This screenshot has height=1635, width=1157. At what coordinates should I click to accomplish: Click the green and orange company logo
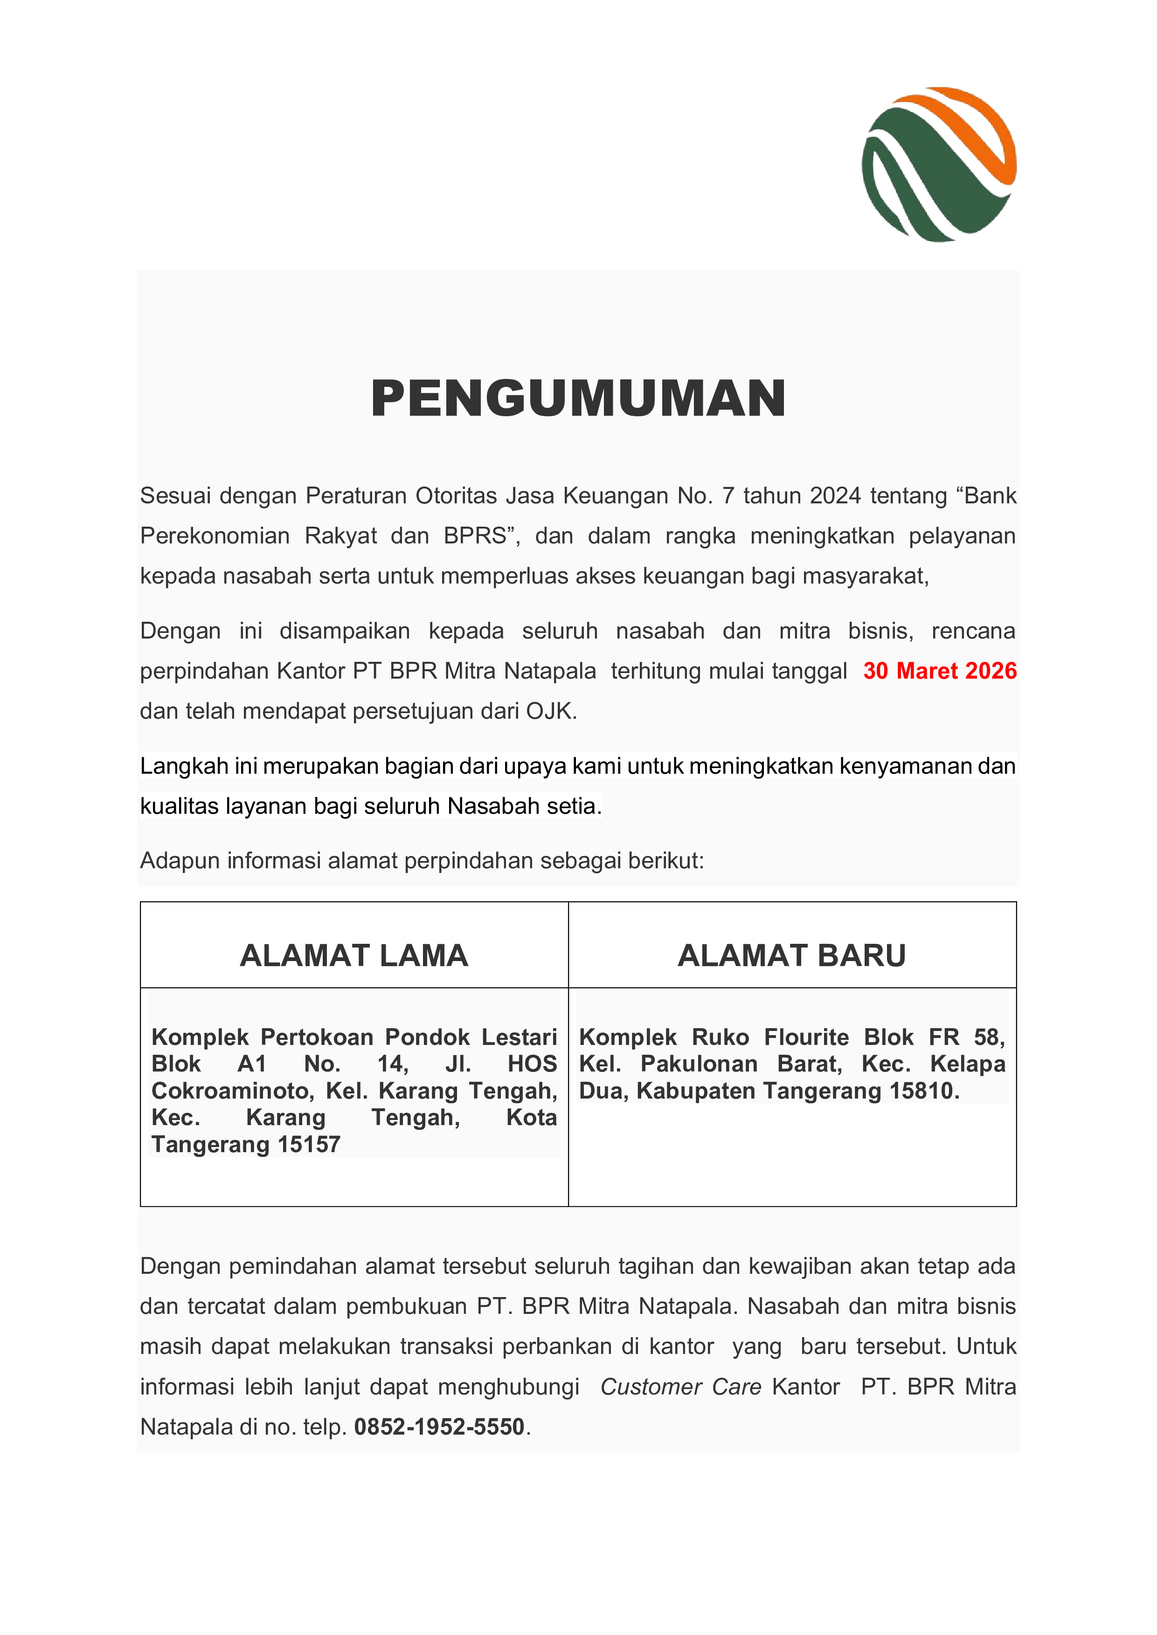[x=939, y=165]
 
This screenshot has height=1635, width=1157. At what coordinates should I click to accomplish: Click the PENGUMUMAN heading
[x=578, y=399]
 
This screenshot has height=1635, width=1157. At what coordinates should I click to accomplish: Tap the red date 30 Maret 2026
[x=939, y=671]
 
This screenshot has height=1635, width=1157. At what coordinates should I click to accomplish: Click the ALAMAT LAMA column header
[x=354, y=955]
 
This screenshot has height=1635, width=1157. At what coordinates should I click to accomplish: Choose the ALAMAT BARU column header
[x=791, y=955]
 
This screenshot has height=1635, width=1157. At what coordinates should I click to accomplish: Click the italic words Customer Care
[x=680, y=1387]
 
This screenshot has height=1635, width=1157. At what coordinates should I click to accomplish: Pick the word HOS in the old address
[x=532, y=1064]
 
